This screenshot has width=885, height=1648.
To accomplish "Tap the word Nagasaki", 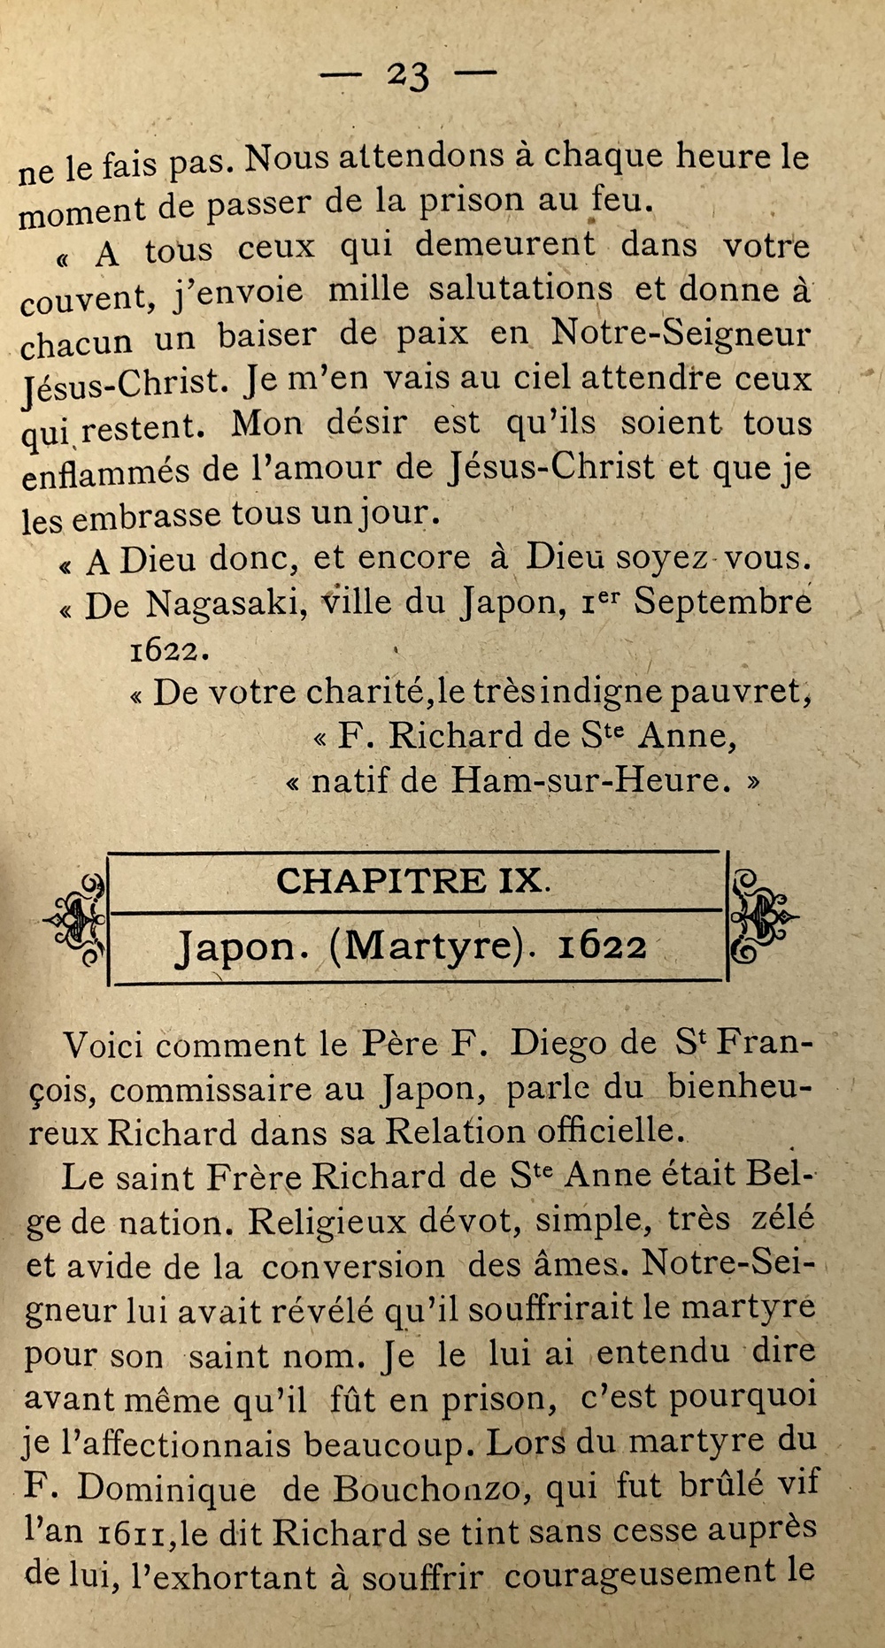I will click(x=226, y=604).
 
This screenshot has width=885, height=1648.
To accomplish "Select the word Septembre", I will click(x=722, y=602).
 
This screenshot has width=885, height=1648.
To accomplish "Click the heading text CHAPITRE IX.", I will click(x=412, y=881).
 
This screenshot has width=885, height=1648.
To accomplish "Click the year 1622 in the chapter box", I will click(x=603, y=947).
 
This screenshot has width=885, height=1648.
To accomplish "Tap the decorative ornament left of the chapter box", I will click(x=77, y=919).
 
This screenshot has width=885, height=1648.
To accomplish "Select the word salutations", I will click(x=519, y=291).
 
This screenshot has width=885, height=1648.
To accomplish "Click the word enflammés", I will click(x=105, y=471).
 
